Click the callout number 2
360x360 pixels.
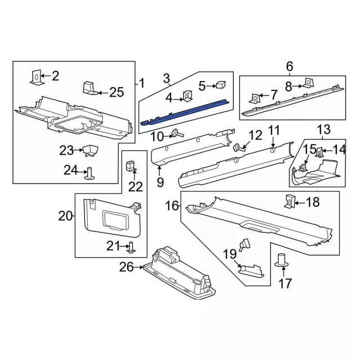(55, 76)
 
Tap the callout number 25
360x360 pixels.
(116, 92)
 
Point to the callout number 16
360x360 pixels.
(172, 207)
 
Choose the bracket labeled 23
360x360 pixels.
(89, 150)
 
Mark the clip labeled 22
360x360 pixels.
(130, 165)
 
